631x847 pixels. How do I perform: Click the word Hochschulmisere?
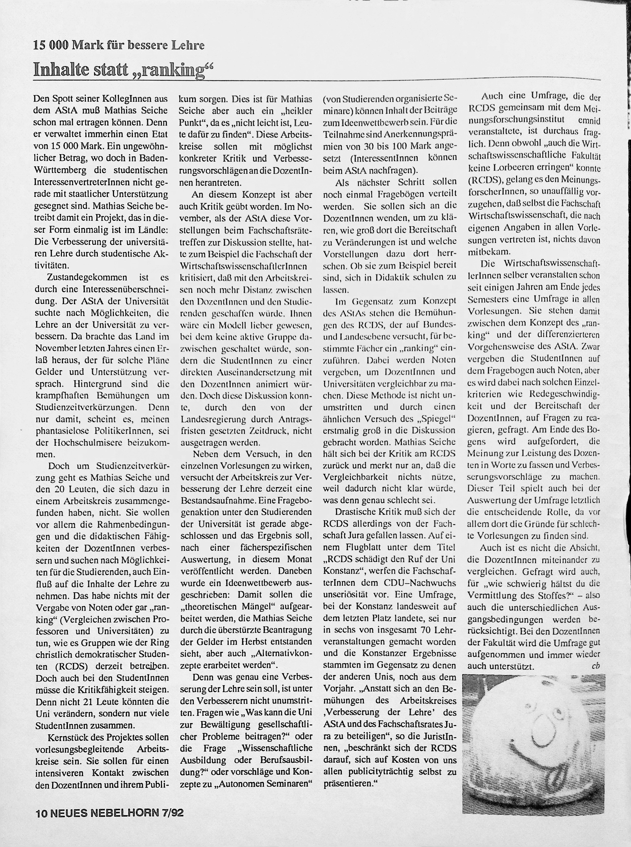pyautogui.click(x=86, y=443)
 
